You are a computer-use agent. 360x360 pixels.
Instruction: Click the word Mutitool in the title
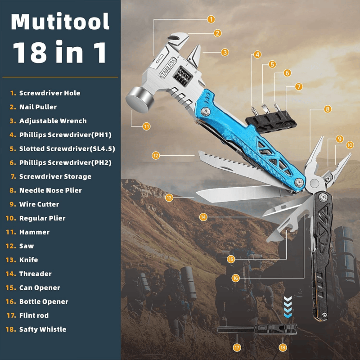click(x=60, y=22)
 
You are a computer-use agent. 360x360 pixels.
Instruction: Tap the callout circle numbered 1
click(x=211, y=19)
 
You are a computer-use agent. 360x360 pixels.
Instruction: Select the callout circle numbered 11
click(x=146, y=126)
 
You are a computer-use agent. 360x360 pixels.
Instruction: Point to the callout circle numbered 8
click(x=328, y=109)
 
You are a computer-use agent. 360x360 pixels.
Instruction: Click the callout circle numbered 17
click(x=237, y=347)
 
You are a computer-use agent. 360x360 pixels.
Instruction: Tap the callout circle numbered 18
click(x=283, y=347)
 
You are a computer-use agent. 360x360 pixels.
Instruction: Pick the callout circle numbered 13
click(x=169, y=197)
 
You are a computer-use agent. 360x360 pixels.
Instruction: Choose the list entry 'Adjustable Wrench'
click(x=53, y=121)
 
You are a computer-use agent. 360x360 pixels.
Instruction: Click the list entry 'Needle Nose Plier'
click(x=50, y=190)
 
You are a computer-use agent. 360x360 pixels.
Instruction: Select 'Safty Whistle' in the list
click(x=42, y=329)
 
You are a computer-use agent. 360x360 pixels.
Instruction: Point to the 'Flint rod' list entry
click(x=34, y=315)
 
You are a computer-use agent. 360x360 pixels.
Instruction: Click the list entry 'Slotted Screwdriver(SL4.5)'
click(x=65, y=148)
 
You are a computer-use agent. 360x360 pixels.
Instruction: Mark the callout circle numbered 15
click(x=231, y=259)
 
